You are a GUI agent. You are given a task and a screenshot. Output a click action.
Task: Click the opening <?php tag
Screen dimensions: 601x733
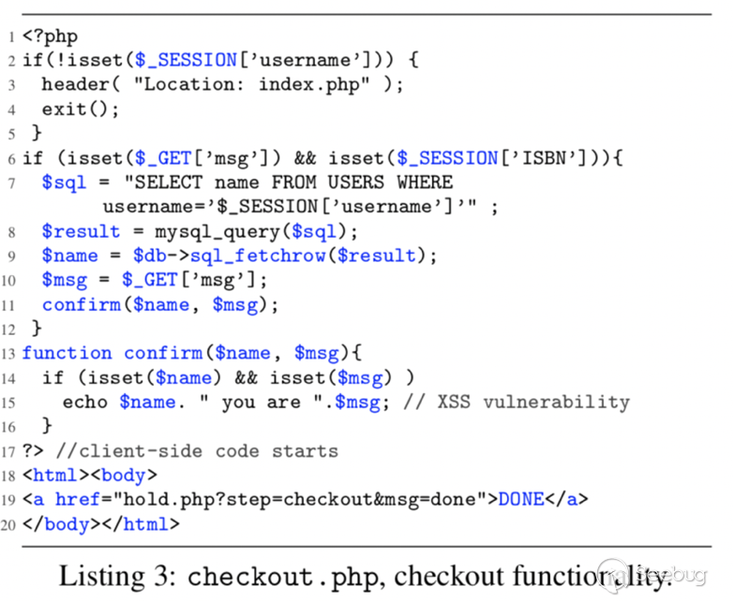tap(51, 37)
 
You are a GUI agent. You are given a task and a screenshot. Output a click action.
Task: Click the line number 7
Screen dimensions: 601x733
tap(10, 182)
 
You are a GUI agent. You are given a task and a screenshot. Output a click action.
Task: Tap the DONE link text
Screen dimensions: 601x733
tap(520, 500)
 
